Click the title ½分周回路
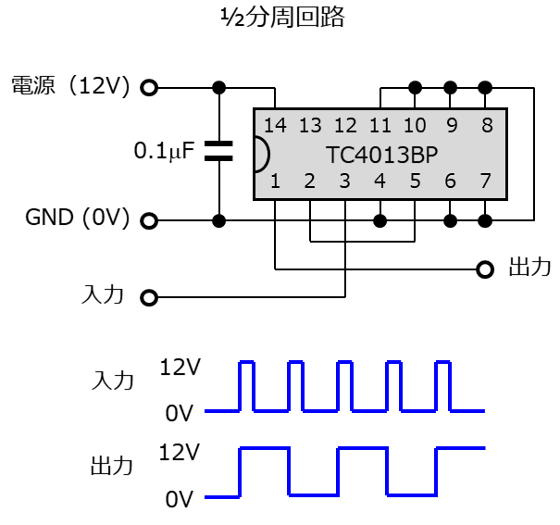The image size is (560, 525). pos(283,18)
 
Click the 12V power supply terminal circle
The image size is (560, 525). pos(149,87)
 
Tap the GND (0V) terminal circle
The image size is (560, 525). pos(149,220)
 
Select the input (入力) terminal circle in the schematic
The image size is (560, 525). pos(149,297)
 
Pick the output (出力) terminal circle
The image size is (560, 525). pos(485,269)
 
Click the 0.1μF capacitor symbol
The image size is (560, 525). pos(218,151)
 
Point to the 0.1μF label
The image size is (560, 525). pos(164,151)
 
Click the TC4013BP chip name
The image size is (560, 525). pos(381,155)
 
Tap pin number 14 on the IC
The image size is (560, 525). pos(275,125)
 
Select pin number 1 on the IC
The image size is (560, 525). pos(275,181)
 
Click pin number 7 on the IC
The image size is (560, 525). pos(485,181)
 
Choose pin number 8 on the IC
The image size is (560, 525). pos(487,125)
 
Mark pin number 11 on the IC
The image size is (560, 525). pos(380,125)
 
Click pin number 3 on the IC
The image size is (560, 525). pos(344,181)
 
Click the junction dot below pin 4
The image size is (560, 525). pos(380,220)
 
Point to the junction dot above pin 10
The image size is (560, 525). pos(415,87)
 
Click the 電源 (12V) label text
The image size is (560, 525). pos(70,86)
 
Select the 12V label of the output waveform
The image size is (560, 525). pos(180,452)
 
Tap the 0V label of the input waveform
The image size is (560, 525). pos(180,413)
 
